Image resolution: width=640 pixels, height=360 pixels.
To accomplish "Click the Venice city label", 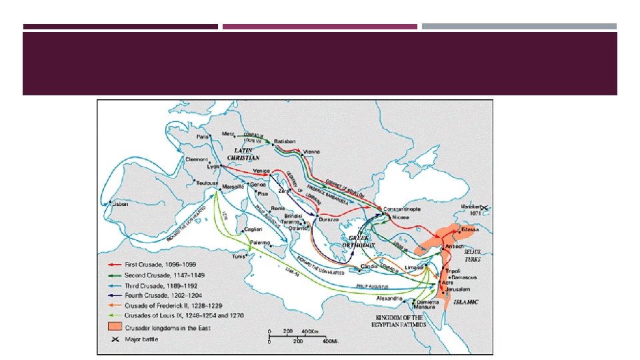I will [261, 171].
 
